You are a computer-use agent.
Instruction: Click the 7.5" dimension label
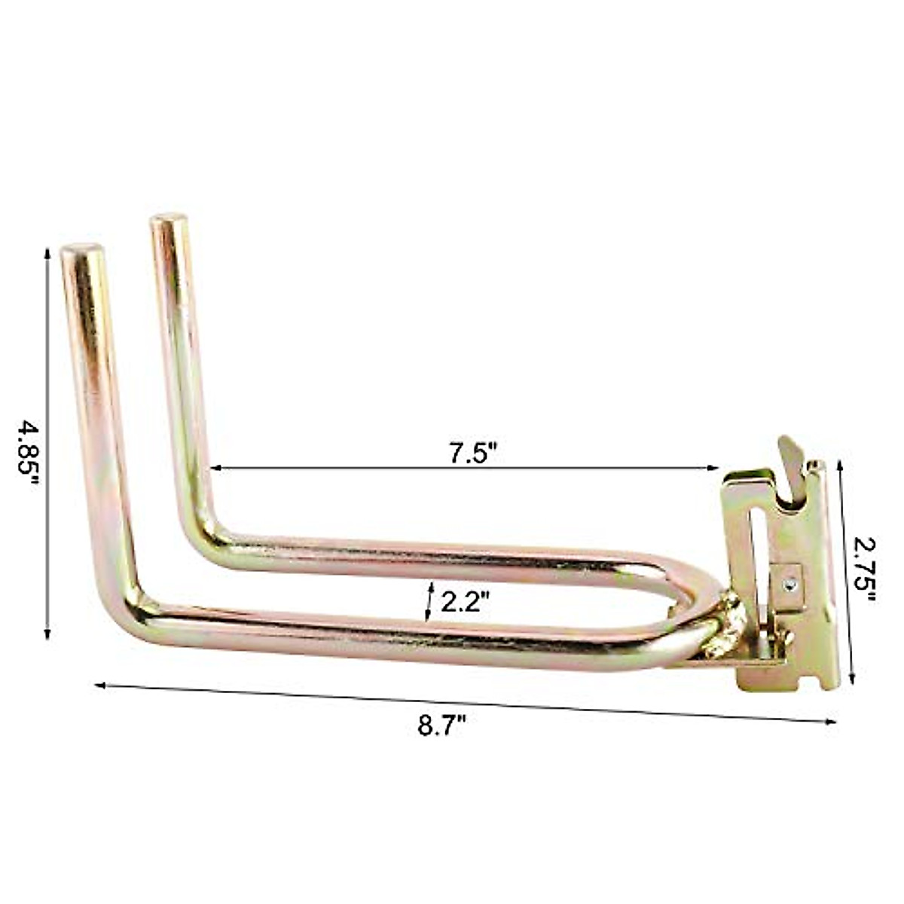pos(474,454)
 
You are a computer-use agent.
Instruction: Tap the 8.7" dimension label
pos(442,727)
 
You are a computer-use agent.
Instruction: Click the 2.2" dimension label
pos(466,601)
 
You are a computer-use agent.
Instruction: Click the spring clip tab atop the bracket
pos(790,460)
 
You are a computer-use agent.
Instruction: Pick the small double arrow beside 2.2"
pos(429,601)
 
